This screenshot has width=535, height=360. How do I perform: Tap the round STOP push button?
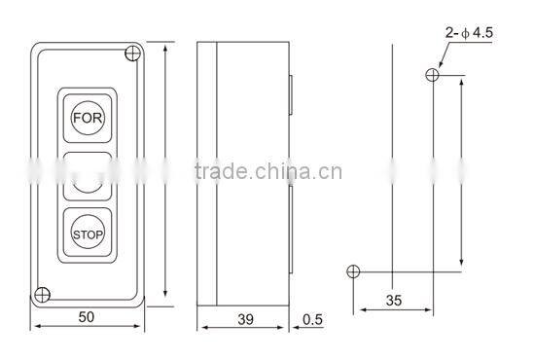[x=89, y=234]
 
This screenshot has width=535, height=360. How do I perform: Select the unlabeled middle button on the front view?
[x=89, y=175]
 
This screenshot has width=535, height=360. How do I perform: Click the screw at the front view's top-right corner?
[x=132, y=54]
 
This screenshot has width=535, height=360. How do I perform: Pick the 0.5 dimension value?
[x=313, y=318]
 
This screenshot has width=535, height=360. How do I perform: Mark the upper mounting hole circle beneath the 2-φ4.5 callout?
[x=431, y=76]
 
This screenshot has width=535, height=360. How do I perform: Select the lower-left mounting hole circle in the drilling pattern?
[x=353, y=270]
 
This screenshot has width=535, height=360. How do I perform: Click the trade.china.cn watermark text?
[x=267, y=173]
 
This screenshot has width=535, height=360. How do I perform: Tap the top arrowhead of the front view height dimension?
[x=166, y=49]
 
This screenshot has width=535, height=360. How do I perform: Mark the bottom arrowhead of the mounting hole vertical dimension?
[x=462, y=266]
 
